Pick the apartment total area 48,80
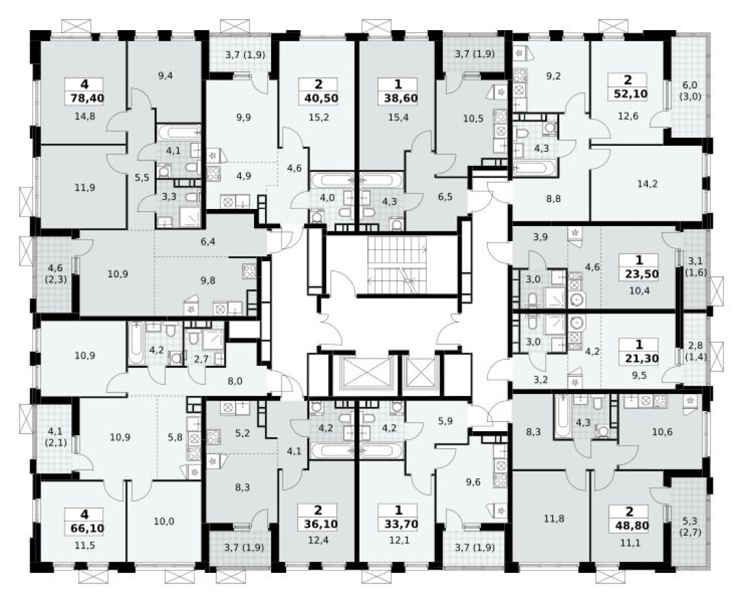click(629, 528)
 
